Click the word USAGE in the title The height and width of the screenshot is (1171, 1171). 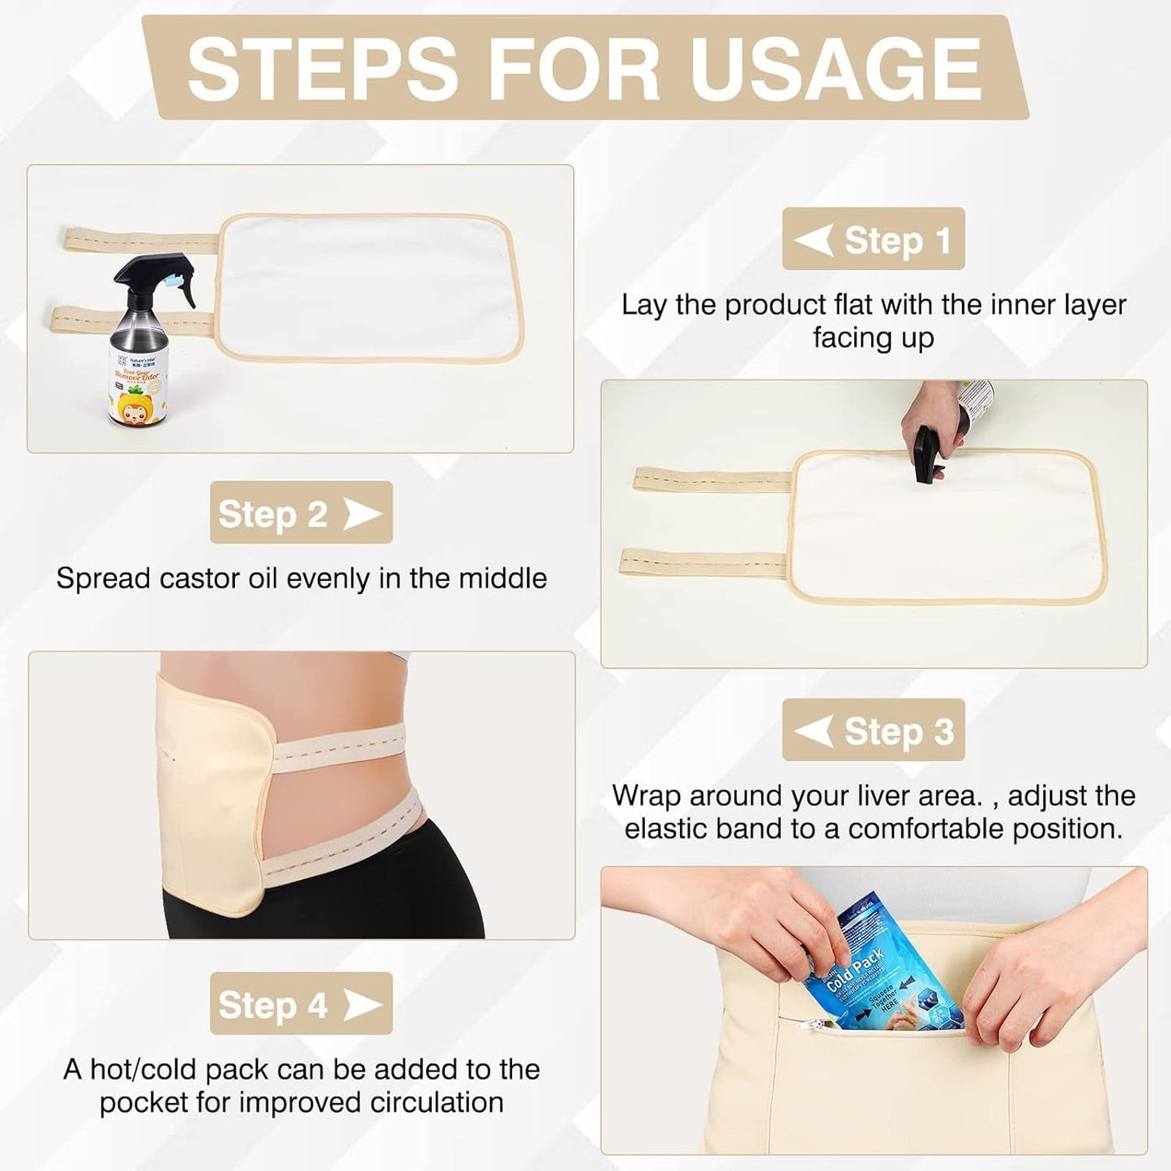click(x=836, y=70)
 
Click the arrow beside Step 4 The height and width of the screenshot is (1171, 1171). click(x=362, y=1005)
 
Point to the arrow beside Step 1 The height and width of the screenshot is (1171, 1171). click(x=814, y=240)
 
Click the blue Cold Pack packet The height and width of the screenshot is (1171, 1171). click(x=875, y=968)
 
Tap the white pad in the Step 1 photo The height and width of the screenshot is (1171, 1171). click(x=370, y=288)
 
